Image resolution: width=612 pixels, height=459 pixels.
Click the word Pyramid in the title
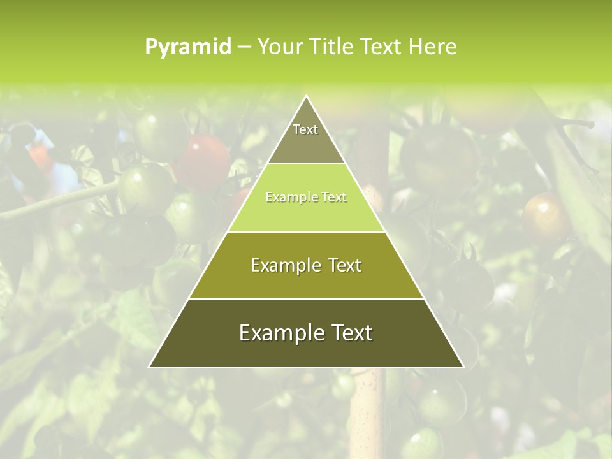click(188, 47)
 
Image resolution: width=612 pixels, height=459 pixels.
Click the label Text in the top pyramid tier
click(305, 129)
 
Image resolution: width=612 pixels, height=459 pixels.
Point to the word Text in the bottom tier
click(351, 333)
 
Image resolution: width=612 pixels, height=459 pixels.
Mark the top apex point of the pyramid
click(306, 96)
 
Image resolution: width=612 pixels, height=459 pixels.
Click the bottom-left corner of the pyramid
click(150, 367)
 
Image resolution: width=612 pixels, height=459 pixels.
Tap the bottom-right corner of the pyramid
click(463, 367)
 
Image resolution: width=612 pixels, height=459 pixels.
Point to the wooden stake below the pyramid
click(366, 408)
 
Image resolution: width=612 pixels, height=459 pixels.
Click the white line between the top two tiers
click(306, 164)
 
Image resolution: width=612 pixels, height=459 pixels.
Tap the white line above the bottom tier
click(306, 299)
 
